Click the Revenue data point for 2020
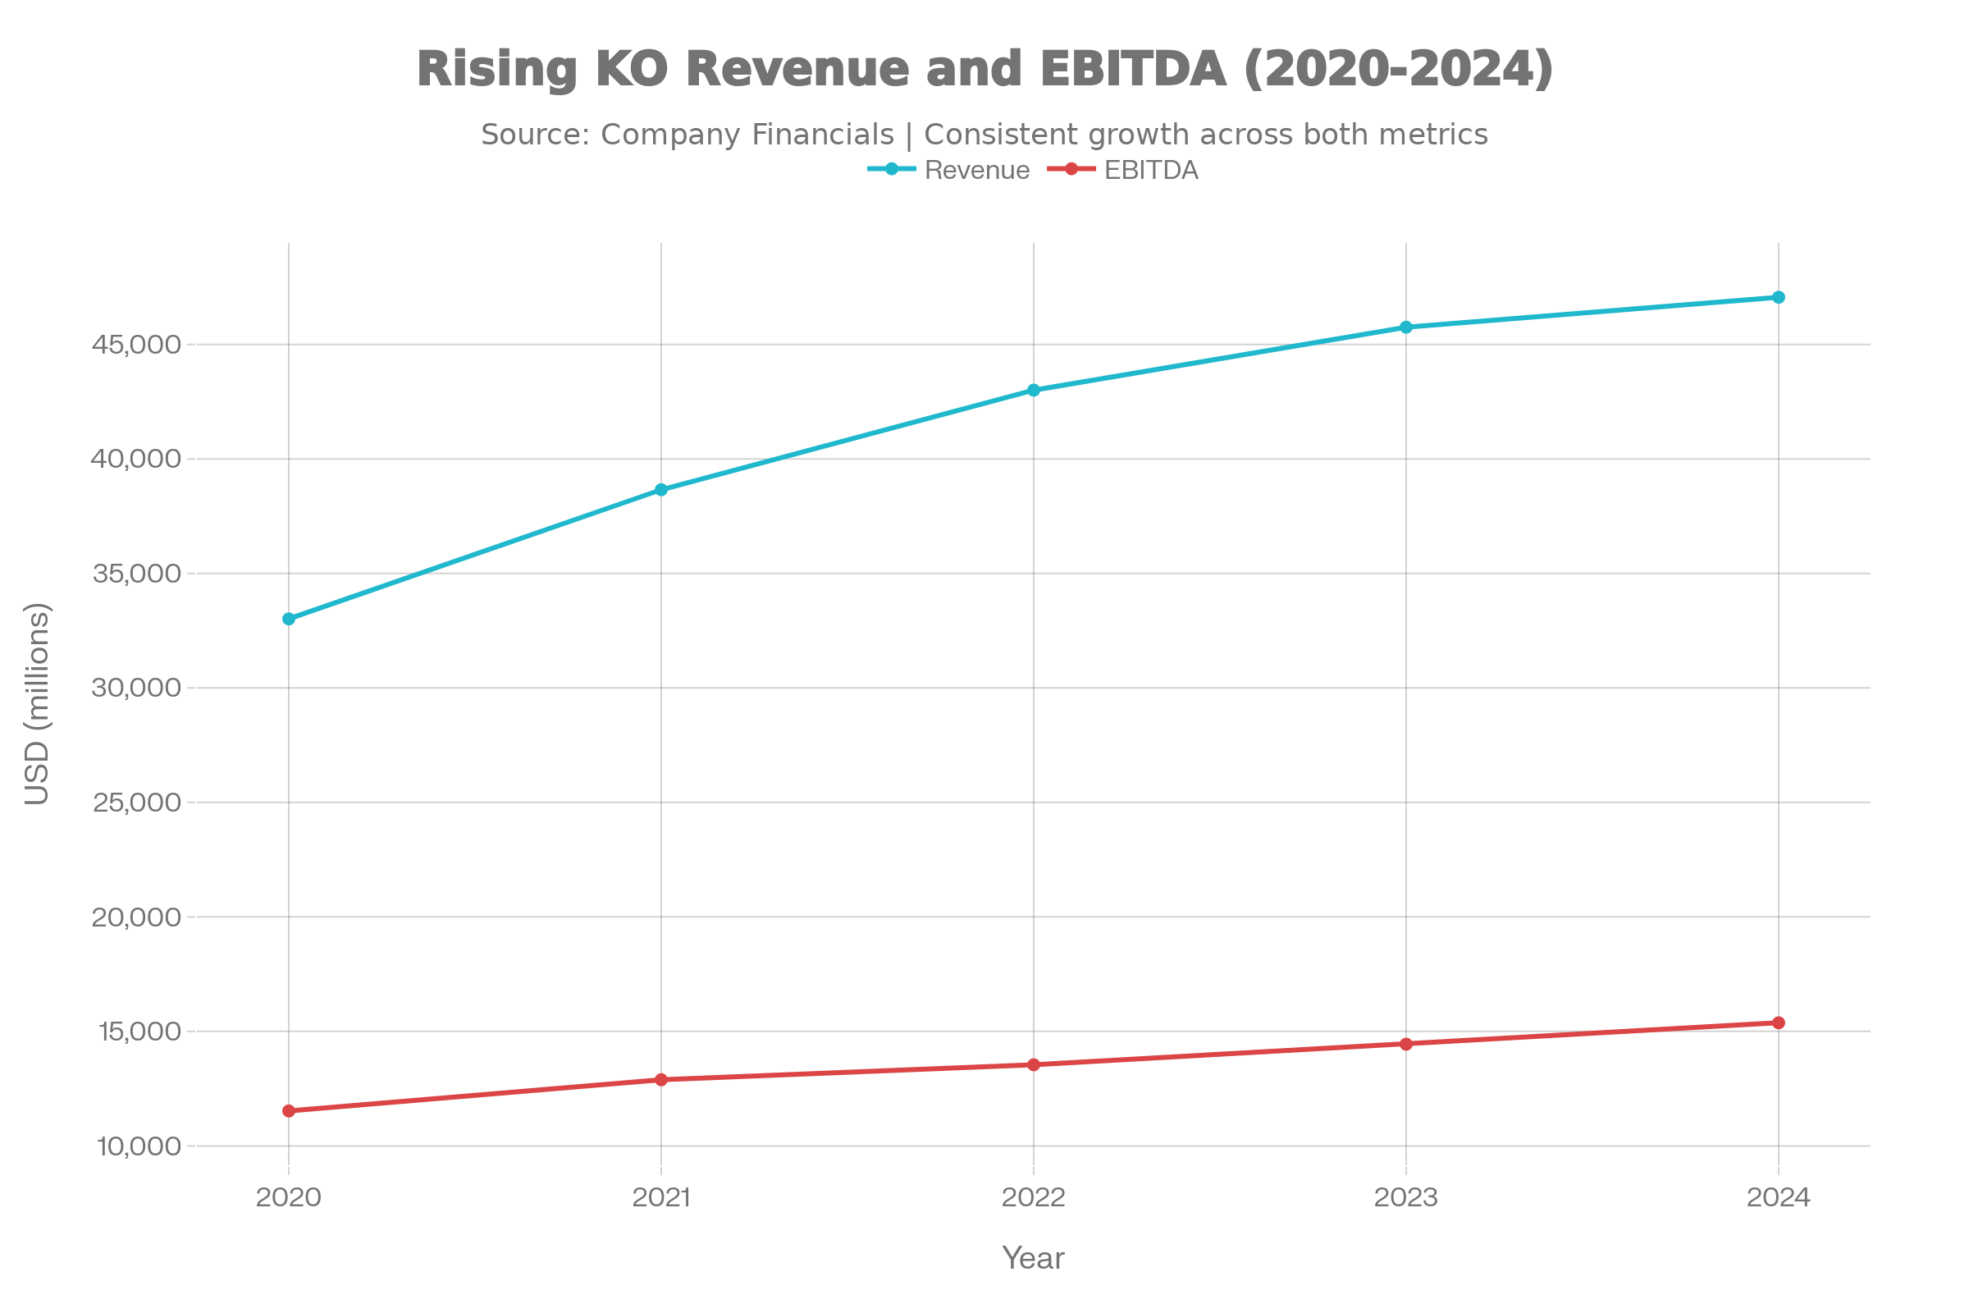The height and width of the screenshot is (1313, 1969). coord(289,619)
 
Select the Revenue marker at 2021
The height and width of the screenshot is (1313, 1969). coord(661,490)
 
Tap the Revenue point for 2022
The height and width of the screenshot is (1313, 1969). coord(1034,391)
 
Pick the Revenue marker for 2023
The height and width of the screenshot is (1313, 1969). coord(1406,327)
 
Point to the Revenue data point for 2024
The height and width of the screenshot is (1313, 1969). coord(1779,297)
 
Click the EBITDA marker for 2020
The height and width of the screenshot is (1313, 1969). coord(289,1111)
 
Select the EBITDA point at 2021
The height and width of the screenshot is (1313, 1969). coord(661,1080)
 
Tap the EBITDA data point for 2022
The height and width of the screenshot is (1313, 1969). coord(1034,1065)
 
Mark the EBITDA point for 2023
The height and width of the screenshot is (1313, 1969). coord(1406,1044)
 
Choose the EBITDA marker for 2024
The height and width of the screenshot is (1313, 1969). coord(1779,1023)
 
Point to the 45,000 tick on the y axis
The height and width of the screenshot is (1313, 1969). coord(135,345)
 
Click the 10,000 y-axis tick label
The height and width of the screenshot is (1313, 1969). coord(139,1147)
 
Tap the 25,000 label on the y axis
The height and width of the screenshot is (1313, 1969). coord(136,803)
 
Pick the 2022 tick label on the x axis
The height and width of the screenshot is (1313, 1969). coord(1034,1198)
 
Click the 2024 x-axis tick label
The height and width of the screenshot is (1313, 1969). coord(1779,1198)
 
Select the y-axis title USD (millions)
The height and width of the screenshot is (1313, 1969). coord(38,703)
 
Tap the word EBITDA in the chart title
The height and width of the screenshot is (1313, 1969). coord(1134,69)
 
